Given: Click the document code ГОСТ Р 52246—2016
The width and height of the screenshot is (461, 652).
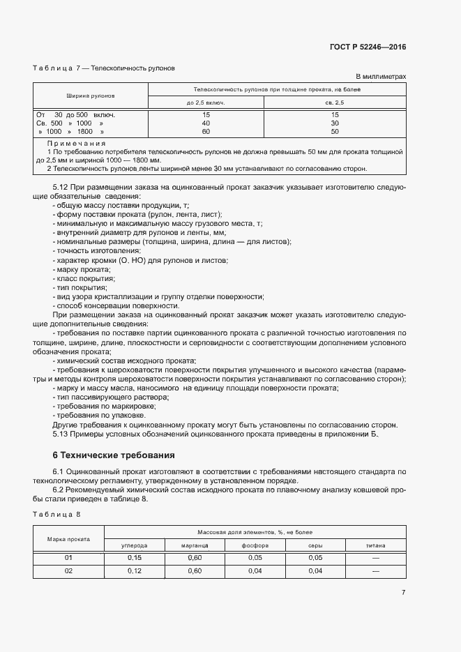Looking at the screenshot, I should click(368, 47).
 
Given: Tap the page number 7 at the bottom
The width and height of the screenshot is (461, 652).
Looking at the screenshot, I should click(403, 592).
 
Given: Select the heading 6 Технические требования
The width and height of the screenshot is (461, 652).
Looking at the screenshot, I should click(114, 455).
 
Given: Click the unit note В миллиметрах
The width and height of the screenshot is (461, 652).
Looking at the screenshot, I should click(381, 77).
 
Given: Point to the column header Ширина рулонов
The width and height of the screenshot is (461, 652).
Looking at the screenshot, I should click(91, 96).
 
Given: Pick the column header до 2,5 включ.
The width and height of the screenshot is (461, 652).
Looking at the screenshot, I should click(206, 103).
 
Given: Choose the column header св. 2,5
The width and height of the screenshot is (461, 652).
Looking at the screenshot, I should click(335, 103).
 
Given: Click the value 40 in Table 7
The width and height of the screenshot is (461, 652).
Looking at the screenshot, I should click(206, 123).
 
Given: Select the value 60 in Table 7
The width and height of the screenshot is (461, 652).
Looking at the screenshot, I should click(206, 131).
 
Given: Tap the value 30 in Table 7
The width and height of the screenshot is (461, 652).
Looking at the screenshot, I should click(335, 123).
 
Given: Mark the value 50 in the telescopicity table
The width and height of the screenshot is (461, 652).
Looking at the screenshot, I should click(335, 131).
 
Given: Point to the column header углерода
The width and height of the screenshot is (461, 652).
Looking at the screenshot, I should click(134, 545).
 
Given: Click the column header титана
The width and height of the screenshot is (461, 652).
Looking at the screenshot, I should click(375, 545).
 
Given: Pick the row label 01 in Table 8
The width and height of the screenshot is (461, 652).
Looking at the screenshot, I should click(68, 558).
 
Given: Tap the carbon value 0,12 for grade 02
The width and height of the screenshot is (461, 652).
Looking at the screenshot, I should click(134, 571).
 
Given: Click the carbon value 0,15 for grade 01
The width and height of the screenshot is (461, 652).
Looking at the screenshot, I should click(134, 558).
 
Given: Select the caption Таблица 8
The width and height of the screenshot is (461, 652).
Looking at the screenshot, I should click(57, 514).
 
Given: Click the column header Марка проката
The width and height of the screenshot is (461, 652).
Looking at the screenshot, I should click(68, 538).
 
